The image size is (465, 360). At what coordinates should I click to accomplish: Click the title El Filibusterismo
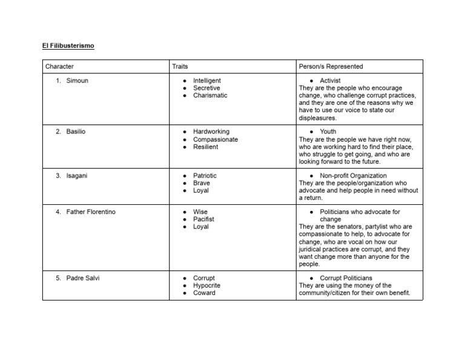(x=68, y=45)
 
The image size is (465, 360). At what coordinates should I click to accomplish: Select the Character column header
(x=59, y=66)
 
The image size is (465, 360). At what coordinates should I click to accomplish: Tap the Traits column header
(x=180, y=66)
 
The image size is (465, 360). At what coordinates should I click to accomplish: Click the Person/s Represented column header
(x=331, y=66)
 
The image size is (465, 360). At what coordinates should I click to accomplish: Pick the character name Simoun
(x=77, y=81)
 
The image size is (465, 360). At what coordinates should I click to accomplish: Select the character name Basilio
(x=76, y=132)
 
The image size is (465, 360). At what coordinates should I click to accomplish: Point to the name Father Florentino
(x=91, y=212)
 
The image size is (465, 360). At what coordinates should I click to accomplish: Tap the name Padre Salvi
(x=83, y=278)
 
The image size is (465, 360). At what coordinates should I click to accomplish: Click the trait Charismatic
(x=210, y=95)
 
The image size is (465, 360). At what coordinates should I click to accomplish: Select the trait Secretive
(x=206, y=88)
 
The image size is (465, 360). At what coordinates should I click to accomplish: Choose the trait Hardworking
(x=211, y=132)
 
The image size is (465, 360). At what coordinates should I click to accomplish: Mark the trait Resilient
(x=206, y=147)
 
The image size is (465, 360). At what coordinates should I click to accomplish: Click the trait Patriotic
(x=205, y=176)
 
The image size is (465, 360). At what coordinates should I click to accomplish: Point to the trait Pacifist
(x=203, y=219)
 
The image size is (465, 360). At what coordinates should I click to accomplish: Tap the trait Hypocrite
(x=206, y=285)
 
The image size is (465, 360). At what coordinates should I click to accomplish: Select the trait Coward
(x=204, y=293)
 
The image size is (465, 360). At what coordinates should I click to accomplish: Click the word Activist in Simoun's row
(x=330, y=81)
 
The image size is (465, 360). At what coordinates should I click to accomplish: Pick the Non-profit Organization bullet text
(x=353, y=176)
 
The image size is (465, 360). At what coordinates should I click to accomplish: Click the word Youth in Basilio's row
(x=328, y=132)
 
